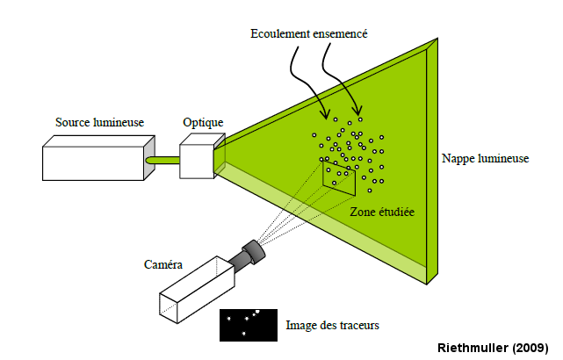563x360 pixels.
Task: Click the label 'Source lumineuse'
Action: coord(99,122)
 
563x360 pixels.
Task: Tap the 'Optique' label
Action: coord(203,122)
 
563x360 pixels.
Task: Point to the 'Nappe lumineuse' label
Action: coord(486,159)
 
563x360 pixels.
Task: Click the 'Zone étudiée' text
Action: coord(382,212)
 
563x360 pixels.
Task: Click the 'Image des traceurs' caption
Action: coord(333,326)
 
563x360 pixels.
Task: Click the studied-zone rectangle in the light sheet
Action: coord(337,178)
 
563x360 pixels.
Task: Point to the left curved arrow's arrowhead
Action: coord(326,116)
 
